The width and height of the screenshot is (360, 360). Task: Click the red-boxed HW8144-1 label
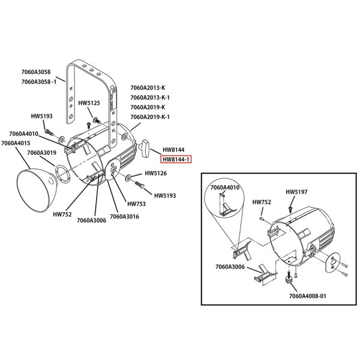(x=176, y=160)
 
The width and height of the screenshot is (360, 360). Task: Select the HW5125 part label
(x=89, y=103)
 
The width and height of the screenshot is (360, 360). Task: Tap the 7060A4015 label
(x=16, y=143)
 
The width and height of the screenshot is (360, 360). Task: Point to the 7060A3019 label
(x=42, y=152)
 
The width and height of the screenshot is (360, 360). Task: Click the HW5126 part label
(x=155, y=173)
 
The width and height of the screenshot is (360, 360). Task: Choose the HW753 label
(x=136, y=204)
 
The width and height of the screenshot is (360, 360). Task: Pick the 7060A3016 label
(x=124, y=217)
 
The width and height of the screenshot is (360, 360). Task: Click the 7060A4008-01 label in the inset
(x=307, y=296)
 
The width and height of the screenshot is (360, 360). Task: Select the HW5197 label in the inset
(x=296, y=192)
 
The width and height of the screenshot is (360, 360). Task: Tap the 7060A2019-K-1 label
(x=150, y=117)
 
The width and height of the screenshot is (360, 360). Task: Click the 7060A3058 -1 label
(x=39, y=82)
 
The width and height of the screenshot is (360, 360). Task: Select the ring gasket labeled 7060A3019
(x=62, y=173)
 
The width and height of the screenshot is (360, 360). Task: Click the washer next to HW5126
(x=128, y=178)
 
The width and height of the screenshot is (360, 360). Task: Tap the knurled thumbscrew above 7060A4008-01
(x=288, y=278)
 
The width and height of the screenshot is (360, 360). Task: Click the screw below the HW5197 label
(x=290, y=209)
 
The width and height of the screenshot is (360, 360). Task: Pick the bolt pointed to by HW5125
(x=97, y=120)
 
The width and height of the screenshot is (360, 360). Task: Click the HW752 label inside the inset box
(x=262, y=202)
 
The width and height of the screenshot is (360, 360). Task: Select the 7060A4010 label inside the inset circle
(x=225, y=188)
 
